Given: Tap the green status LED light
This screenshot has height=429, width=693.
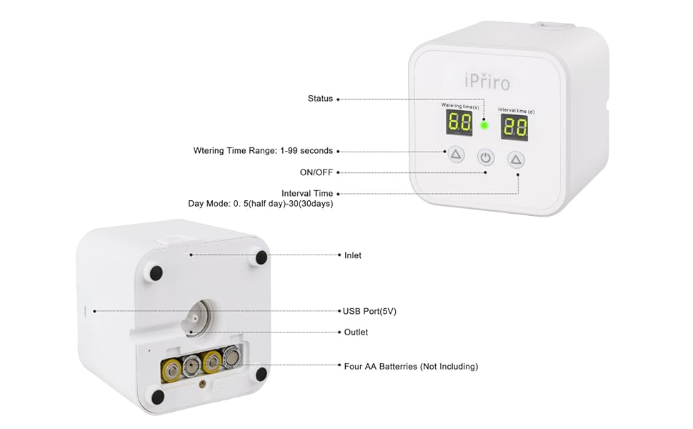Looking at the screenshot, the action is click(x=484, y=126).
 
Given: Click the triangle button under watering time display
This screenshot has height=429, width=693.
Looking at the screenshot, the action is click(x=456, y=154).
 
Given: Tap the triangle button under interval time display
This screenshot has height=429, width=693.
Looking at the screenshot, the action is click(x=517, y=159).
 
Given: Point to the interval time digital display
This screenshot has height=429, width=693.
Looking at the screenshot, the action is click(x=514, y=128).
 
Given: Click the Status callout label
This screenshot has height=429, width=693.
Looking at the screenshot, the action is click(x=320, y=99).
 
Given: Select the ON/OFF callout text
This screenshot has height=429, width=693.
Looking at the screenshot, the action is click(x=316, y=172).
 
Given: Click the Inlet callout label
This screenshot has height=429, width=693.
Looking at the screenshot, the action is click(x=353, y=255).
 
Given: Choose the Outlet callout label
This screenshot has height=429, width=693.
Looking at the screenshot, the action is click(x=356, y=332).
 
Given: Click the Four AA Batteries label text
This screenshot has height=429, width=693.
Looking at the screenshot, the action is click(x=411, y=366).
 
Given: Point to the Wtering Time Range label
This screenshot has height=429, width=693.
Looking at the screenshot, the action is click(x=263, y=151).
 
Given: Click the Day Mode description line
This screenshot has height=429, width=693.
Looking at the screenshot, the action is click(x=261, y=204).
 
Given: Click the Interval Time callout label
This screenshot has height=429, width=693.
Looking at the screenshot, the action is click(x=307, y=193).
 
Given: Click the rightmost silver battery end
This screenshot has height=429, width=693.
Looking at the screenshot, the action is click(x=232, y=357).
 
